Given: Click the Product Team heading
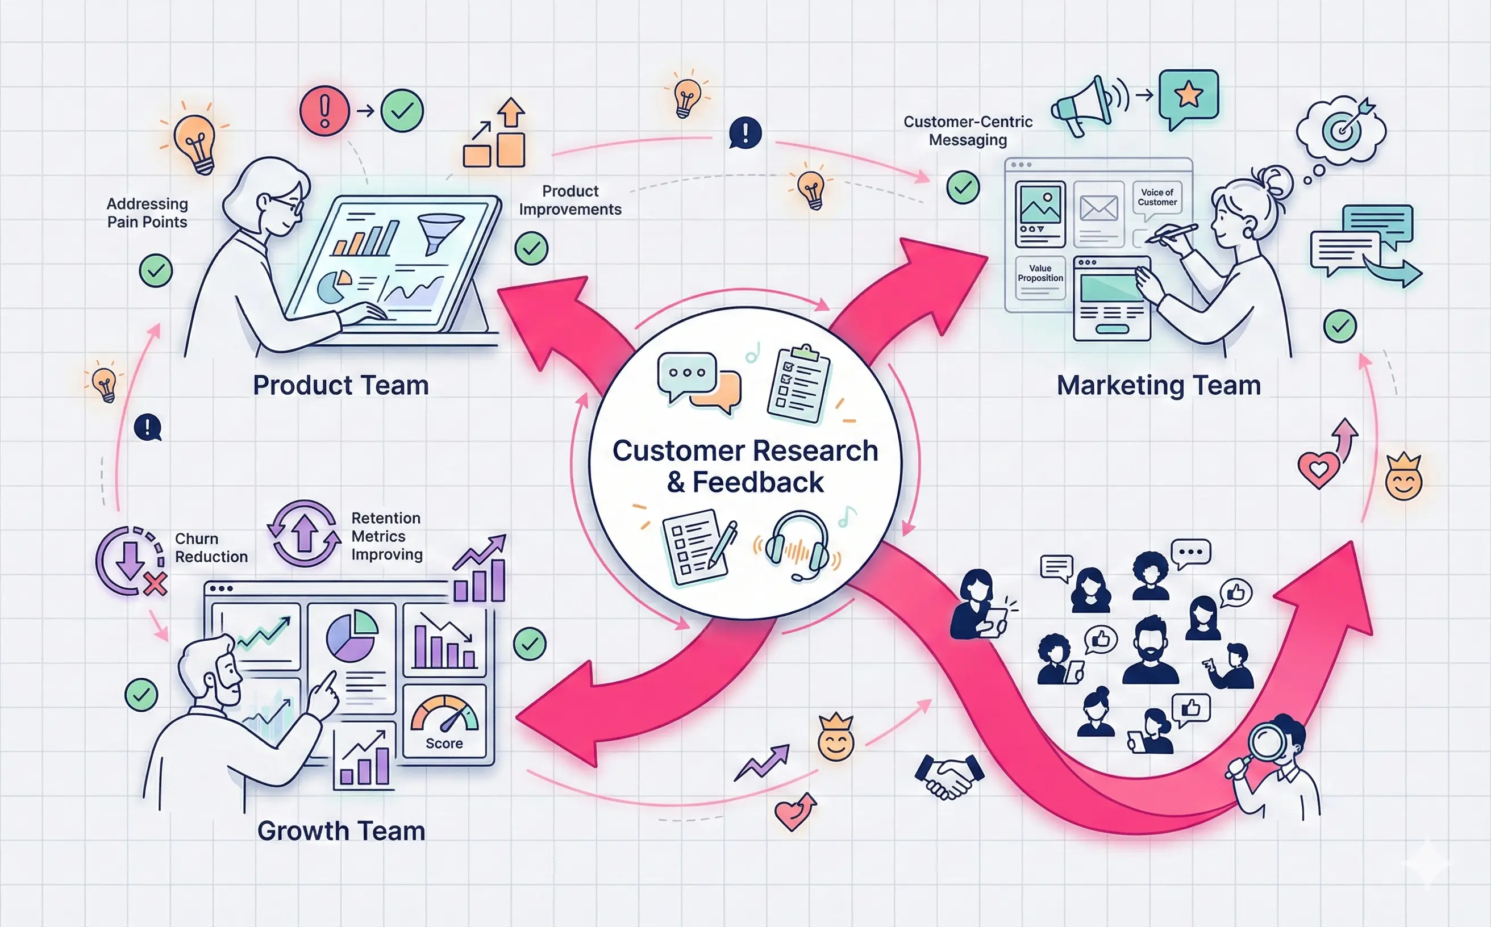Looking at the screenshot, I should pos(340,386).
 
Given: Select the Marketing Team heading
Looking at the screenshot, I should pos(1158,386).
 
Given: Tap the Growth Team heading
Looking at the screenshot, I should pos(341,832).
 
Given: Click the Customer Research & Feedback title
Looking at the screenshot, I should pos(745,466).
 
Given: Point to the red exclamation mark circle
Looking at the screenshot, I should pos(324,111).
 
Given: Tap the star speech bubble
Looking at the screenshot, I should pos(1188,97).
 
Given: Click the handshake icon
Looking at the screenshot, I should pos(948,776).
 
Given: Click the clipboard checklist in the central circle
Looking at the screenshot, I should pos(798,385).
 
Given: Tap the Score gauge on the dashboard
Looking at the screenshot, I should pos(444,720).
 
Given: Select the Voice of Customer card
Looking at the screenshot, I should pos(1157,199).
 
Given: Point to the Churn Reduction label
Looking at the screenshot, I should pos(211,548).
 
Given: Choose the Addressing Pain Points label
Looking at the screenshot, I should pos(147,213).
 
